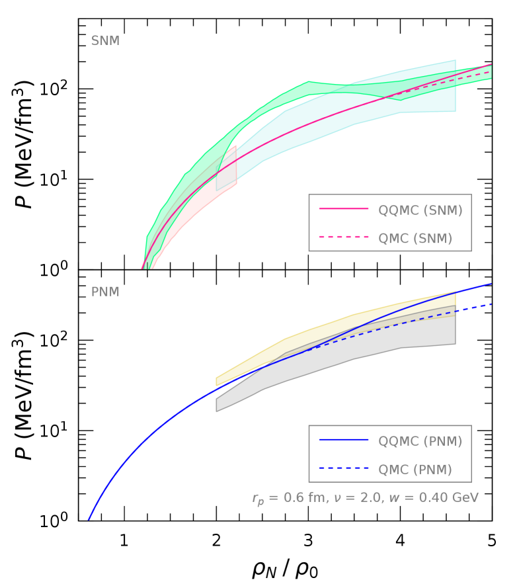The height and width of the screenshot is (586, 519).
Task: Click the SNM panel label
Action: (x=105, y=42)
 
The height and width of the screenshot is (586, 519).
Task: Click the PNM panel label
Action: (x=105, y=292)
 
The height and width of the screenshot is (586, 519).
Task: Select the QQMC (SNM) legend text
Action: (x=420, y=210)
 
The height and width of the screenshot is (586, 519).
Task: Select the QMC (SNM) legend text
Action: (x=415, y=239)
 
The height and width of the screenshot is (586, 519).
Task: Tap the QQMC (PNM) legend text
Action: (x=420, y=441)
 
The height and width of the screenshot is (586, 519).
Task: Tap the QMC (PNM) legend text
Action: (x=415, y=470)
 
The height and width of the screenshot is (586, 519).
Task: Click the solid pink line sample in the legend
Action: (x=344, y=209)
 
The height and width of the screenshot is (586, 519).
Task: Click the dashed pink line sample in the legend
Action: (x=344, y=237)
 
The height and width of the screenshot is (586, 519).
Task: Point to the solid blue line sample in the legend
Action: (x=344, y=440)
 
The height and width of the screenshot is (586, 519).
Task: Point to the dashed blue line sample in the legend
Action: (x=344, y=468)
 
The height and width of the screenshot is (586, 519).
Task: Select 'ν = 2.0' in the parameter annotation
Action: (x=358, y=497)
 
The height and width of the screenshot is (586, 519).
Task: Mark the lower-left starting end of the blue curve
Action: (x=89, y=520)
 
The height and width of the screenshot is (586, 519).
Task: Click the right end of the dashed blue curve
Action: (x=491, y=304)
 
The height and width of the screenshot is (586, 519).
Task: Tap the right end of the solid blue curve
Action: (x=491, y=284)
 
